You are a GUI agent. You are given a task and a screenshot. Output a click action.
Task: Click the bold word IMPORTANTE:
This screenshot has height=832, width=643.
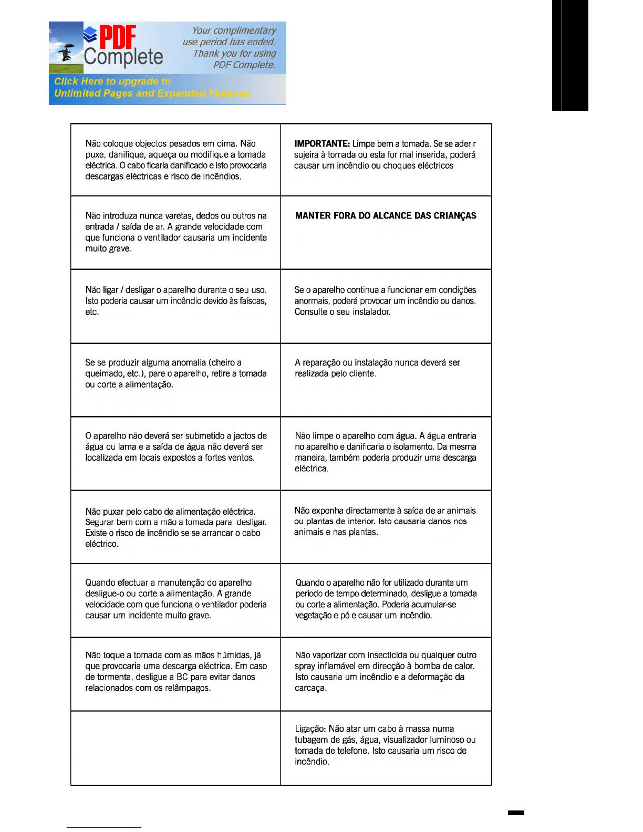(x=321, y=143)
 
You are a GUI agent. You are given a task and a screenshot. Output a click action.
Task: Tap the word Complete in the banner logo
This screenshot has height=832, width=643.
(x=123, y=57)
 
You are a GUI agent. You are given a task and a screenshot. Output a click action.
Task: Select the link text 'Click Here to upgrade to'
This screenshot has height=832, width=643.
(x=112, y=81)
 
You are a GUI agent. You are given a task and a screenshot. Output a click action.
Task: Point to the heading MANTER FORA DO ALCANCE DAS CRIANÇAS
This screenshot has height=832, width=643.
(x=386, y=216)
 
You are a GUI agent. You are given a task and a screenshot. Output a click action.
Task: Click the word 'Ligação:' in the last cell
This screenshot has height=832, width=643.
(x=310, y=729)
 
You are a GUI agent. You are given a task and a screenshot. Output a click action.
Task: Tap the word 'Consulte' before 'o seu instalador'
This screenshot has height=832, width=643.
(x=310, y=312)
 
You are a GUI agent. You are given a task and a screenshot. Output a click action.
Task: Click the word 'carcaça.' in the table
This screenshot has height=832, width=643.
(x=310, y=688)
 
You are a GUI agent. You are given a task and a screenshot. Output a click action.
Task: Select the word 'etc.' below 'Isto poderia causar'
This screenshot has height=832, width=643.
(x=92, y=312)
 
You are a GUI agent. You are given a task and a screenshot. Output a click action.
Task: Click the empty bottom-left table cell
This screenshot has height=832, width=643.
(x=175, y=748)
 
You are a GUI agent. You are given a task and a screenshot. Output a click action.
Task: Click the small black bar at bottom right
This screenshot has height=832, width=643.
(x=516, y=813)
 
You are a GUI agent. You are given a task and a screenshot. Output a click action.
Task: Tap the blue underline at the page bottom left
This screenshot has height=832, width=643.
(x=103, y=827)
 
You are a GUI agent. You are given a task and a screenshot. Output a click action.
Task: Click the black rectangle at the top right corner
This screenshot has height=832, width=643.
(x=570, y=55)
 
